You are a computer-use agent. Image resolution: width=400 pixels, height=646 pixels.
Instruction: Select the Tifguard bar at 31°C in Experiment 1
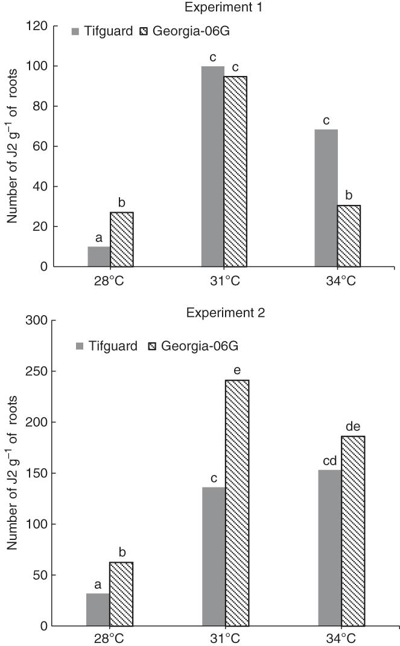click(212, 166)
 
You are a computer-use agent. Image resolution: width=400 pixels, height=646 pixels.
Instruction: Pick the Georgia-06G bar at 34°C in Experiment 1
click(349, 236)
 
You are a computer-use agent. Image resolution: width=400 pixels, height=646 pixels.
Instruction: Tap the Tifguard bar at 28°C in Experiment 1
click(99, 257)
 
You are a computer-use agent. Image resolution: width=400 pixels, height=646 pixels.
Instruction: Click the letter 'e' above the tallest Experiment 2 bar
click(237, 369)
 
